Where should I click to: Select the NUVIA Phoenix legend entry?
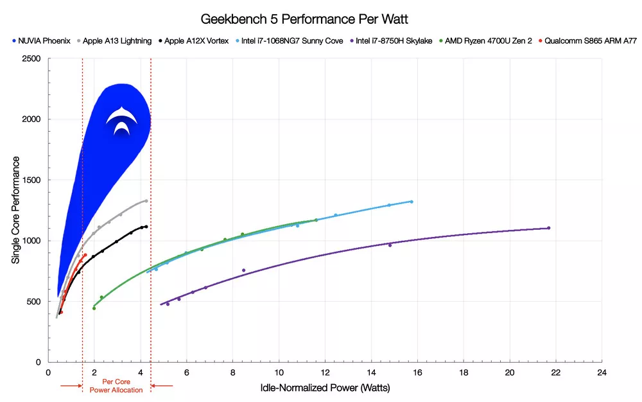(x=41, y=41)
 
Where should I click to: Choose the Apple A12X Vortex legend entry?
(x=192, y=41)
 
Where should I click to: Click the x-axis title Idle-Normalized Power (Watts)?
(x=325, y=388)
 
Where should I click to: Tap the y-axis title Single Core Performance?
(x=15, y=210)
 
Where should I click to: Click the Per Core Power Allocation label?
(x=116, y=386)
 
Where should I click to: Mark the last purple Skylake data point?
(x=548, y=228)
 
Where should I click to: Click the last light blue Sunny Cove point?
(x=411, y=202)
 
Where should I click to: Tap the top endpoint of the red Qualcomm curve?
(x=85, y=255)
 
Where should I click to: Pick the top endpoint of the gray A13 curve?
(x=146, y=201)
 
